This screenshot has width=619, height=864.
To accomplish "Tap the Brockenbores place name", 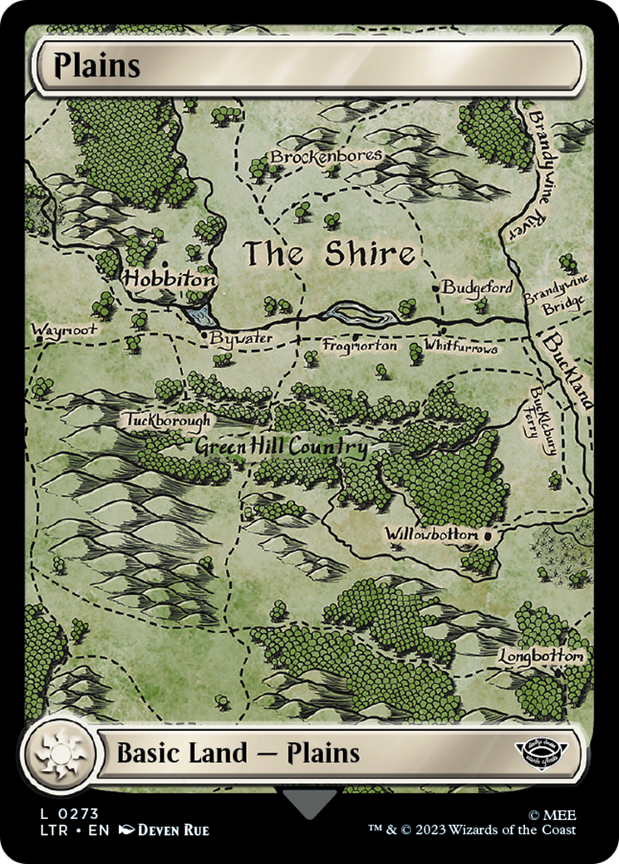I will tap(326, 156).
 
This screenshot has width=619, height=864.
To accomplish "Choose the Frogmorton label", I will tap(359, 346).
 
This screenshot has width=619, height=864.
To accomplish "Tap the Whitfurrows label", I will tap(460, 346).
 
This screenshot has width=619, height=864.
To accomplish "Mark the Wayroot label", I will tap(64, 330).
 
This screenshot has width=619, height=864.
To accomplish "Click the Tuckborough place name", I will tap(169, 420).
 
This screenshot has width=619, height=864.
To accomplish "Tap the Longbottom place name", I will tap(541, 656).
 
